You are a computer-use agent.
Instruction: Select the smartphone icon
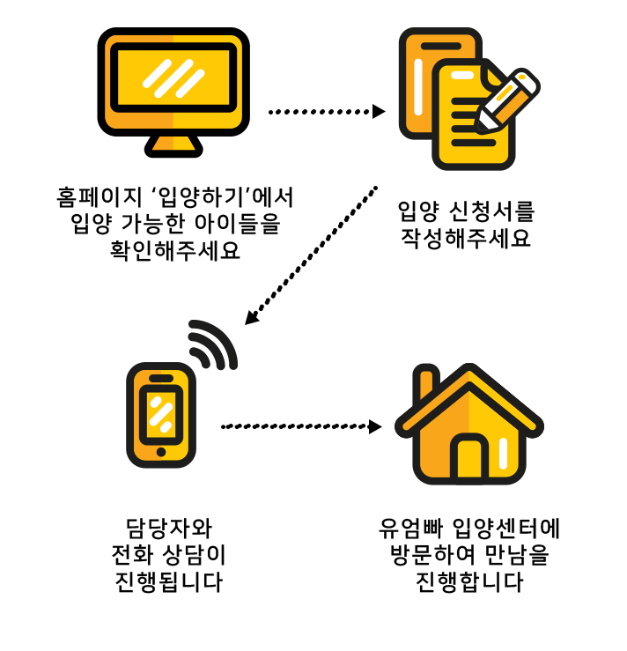point(160,414)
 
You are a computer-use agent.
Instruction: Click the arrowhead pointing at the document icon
point(380,112)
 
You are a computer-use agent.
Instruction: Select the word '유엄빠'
point(410,529)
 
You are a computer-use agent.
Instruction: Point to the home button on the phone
point(160,452)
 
